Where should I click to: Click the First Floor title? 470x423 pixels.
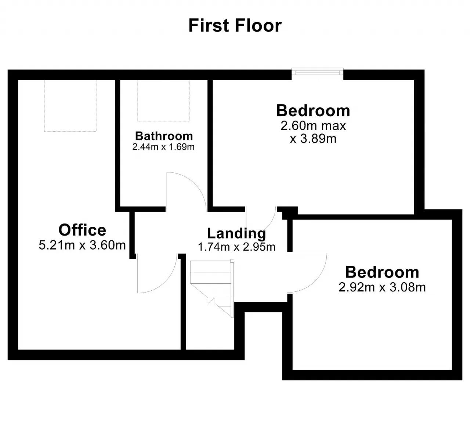click(235, 26)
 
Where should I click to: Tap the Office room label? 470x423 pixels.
click(82, 230)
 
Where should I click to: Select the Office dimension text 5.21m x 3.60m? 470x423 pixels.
click(82, 245)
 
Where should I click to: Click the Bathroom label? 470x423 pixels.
click(164, 136)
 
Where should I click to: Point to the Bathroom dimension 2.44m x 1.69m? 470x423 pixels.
click(163, 147)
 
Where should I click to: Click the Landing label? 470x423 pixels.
click(236, 233)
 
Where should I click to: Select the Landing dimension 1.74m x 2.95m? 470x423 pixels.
click(236, 247)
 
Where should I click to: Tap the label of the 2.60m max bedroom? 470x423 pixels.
click(313, 111)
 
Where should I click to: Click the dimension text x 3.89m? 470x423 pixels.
click(313, 139)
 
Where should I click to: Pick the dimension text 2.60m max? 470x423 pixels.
click(313, 126)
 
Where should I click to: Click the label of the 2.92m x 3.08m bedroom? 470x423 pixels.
click(382, 272)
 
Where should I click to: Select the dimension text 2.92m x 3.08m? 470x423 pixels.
click(382, 287)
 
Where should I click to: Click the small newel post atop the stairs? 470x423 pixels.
click(232, 261)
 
